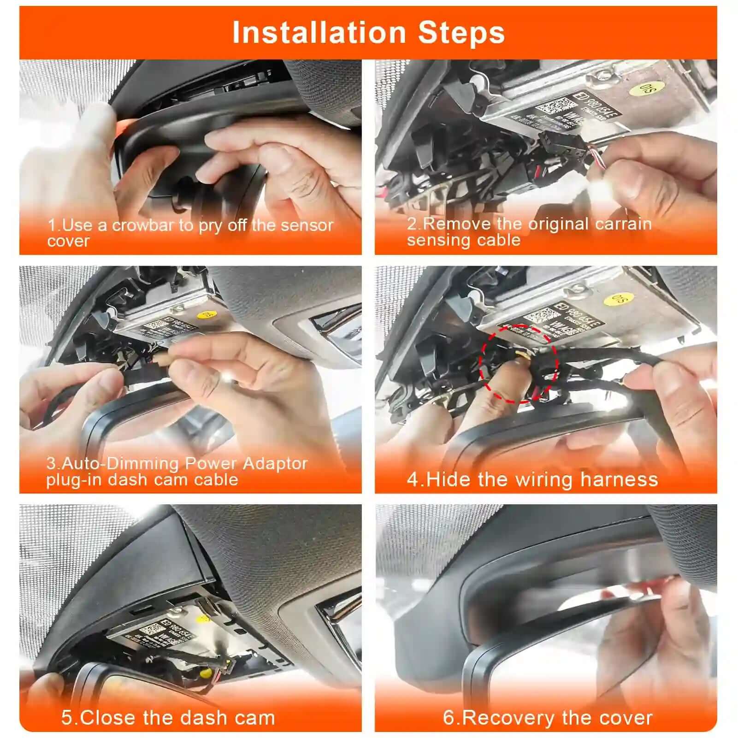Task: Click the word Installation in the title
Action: (x=319, y=33)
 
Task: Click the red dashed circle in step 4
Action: (x=519, y=364)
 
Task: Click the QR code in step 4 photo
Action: (x=539, y=317)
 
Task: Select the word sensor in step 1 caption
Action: (x=307, y=225)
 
